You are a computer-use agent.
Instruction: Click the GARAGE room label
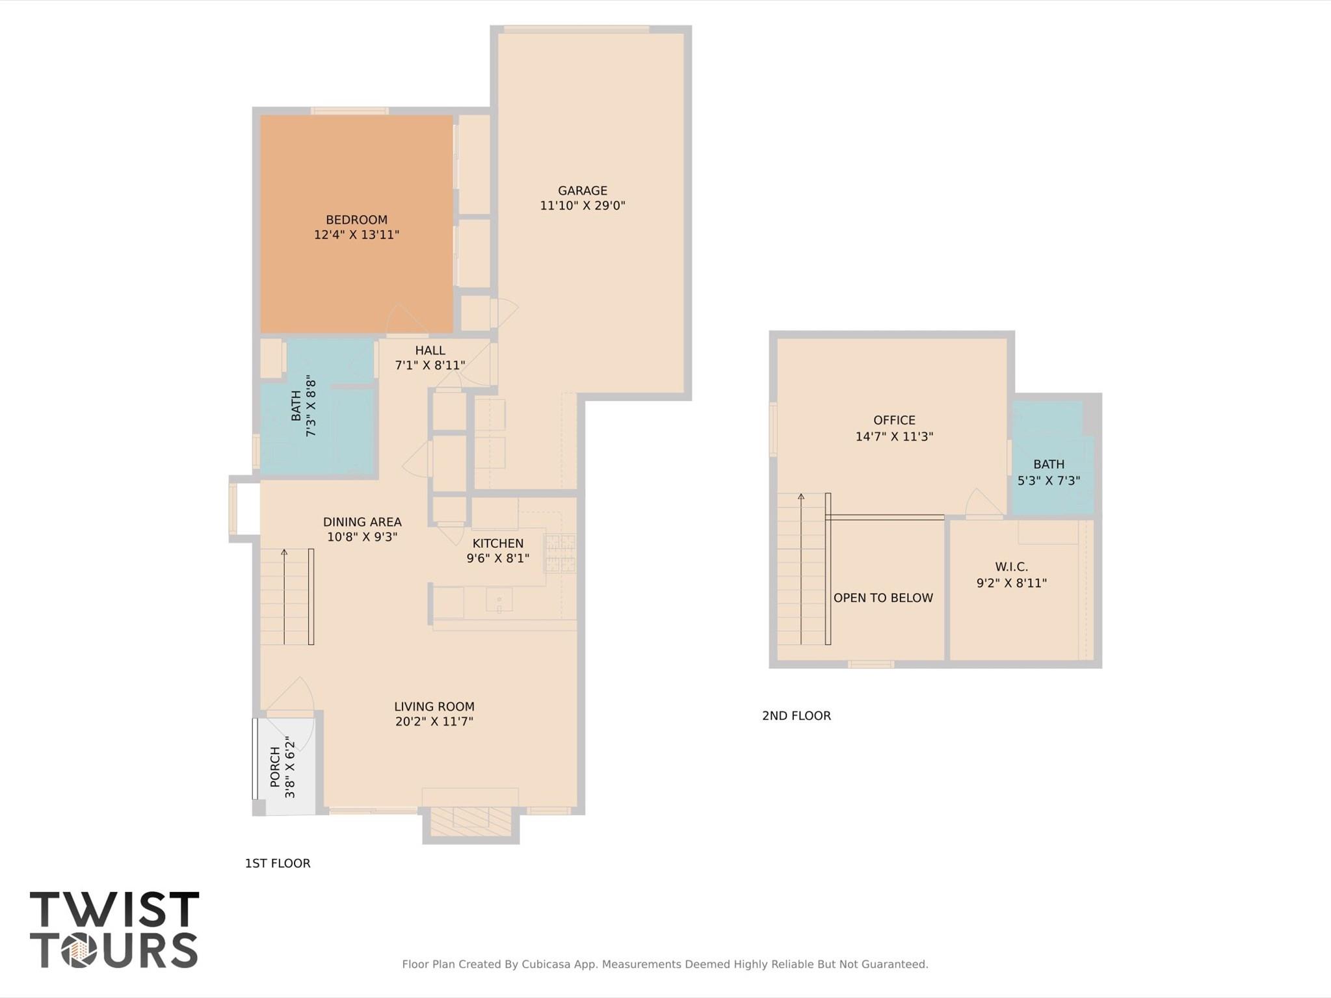[x=582, y=190]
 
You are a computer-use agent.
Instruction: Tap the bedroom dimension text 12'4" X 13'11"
[x=356, y=235]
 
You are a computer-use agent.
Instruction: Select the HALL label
[x=430, y=350]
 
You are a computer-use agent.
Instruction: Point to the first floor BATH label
[x=297, y=405]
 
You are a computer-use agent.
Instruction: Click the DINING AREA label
[x=362, y=522]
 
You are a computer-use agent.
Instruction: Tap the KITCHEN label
[x=497, y=544]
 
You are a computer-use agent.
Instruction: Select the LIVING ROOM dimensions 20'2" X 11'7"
[x=434, y=721]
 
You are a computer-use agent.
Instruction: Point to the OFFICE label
[x=894, y=421]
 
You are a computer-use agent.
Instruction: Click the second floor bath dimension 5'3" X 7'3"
[x=1048, y=480]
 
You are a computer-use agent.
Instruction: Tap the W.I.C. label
[x=1011, y=567]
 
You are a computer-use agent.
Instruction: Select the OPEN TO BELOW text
[x=883, y=597]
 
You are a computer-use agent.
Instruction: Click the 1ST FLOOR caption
[x=278, y=863]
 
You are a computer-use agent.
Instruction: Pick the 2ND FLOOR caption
[x=797, y=716]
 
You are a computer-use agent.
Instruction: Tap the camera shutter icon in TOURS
[x=79, y=951]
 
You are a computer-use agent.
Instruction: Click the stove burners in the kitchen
[x=560, y=553]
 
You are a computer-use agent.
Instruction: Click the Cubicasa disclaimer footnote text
[x=665, y=964]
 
